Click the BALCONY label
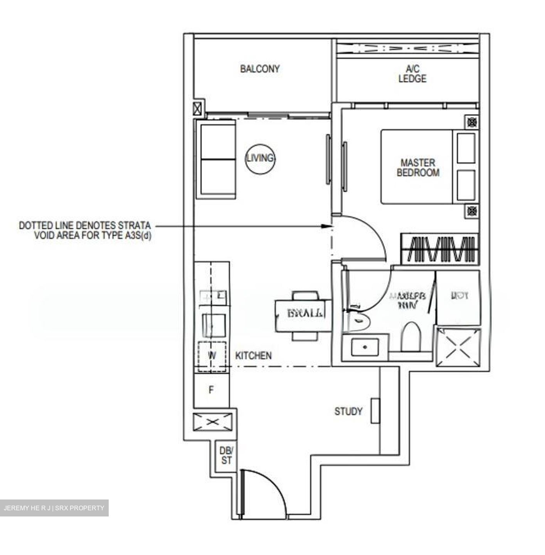click(260, 69)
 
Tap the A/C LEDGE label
click(412, 74)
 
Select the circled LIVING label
click(261, 158)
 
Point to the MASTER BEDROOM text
click(418, 168)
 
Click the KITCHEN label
click(253, 355)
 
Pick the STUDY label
click(348, 411)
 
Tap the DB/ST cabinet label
click(226, 455)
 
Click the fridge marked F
click(211, 390)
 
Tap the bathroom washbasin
click(365, 346)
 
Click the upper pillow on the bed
click(466, 148)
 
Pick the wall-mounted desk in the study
click(375, 410)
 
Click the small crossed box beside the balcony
click(197, 108)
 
